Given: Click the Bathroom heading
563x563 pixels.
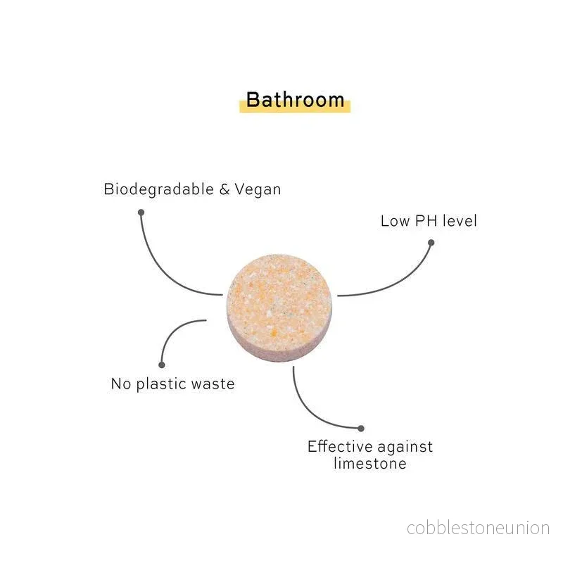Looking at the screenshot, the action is [x=295, y=99].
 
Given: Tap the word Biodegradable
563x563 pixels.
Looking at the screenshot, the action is [x=159, y=189].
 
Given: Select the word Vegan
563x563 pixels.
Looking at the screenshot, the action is [x=258, y=189].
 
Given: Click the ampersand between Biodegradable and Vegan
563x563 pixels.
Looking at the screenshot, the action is [x=224, y=189].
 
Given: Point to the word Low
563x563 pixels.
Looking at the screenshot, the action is [x=395, y=221].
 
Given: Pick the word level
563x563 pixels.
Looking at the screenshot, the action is [x=460, y=220].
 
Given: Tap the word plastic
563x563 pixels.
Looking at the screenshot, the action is [x=161, y=384].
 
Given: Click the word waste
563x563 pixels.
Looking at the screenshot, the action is [x=213, y=384].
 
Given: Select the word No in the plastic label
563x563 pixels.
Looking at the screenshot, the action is [x=121, y=384].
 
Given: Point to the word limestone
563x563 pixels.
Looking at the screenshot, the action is [x=370, y=463].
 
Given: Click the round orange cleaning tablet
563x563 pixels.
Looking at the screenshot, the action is [x=279, y=308].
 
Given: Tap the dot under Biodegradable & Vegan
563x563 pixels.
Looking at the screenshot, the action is [x=141, y=213].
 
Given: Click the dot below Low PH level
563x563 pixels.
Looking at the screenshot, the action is [x=431, y=243].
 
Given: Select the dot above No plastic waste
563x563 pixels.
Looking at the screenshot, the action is [x=162, y=365].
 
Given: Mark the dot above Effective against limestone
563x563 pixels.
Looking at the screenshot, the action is [x=361, y=428].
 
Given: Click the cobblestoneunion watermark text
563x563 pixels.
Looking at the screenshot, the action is [x=478, y=529].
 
